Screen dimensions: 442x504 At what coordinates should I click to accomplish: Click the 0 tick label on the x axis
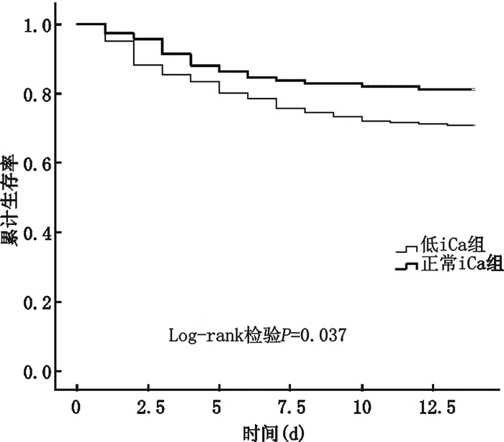pos(77,408)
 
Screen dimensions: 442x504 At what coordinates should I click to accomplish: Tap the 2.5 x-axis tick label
pos(148,408)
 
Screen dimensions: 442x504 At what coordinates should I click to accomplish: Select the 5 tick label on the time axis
pos(220,408)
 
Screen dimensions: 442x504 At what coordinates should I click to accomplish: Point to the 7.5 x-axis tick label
pos(291,408)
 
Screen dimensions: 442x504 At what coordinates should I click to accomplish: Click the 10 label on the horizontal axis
pos(362,408)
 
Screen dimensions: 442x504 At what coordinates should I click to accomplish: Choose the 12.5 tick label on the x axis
pos(433,408)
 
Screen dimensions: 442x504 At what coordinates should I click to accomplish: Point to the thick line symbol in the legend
pos(407,267)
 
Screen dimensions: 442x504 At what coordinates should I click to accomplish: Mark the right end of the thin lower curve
pos(474,125)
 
